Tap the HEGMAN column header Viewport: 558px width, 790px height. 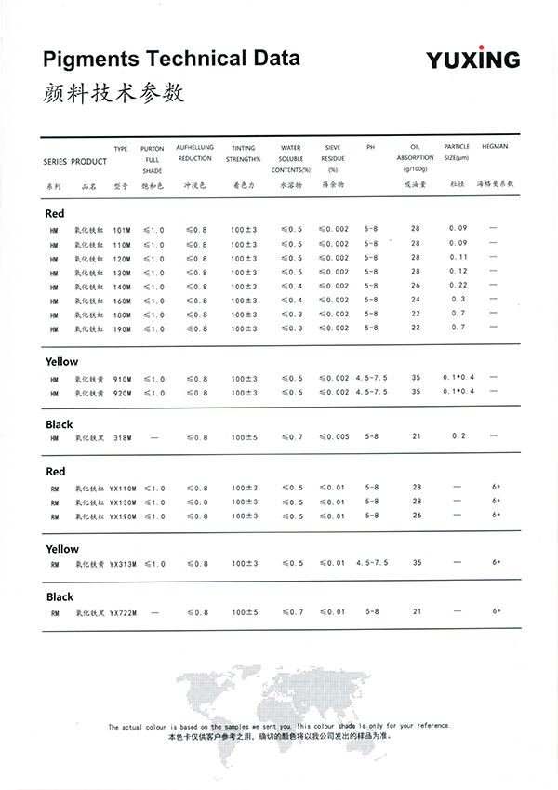494,147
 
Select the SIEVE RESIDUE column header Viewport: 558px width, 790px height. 332,158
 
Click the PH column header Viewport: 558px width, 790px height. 371,147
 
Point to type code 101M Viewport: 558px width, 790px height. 122,229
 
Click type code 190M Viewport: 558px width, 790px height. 122,329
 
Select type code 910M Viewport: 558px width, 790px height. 122,379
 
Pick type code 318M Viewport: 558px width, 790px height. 122,437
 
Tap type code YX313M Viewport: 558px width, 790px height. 124,564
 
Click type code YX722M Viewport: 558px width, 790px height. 124,612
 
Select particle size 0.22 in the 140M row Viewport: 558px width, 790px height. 458,286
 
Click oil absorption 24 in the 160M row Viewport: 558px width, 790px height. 416,300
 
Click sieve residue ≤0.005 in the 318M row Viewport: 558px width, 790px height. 334,437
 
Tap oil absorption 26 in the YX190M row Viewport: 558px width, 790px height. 416,516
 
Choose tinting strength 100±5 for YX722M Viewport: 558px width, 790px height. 246,612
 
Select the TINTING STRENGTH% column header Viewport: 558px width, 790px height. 244,153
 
